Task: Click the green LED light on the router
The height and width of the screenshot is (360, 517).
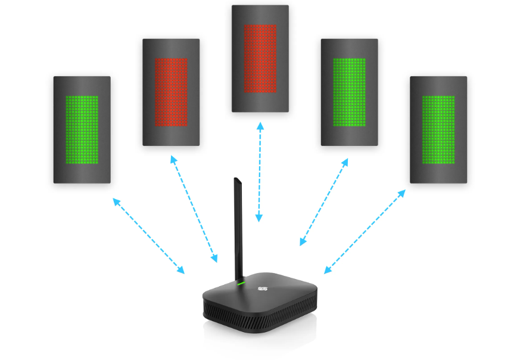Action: (x=241, y=283)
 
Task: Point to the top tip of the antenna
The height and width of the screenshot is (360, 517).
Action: (x=236, y=179)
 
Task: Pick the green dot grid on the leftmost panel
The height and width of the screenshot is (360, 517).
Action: (x=82, y=130)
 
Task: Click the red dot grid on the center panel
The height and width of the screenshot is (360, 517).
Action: (x=260, y=59)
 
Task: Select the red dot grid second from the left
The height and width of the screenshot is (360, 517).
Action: (x=171, y=92)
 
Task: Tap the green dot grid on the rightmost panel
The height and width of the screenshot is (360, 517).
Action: (x=438, y=130)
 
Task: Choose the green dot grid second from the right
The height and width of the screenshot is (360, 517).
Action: (x=350, y=92)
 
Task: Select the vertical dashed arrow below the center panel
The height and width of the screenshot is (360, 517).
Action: (x=260, y=172)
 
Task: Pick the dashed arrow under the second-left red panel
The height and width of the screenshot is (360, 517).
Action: (x=194, y=209)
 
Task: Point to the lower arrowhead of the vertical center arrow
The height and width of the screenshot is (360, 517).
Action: (x=259, y=219)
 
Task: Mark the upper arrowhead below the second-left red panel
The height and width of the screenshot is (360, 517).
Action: (x=173, y=160)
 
